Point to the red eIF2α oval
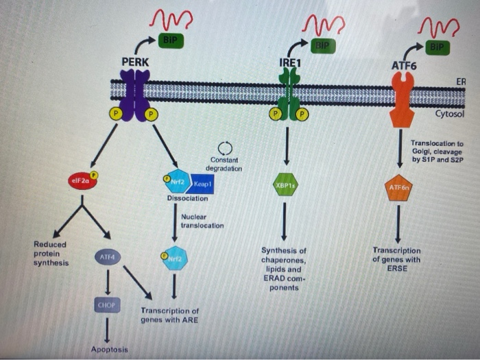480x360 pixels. pos(82,182)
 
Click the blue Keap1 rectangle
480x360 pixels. pos(202,184)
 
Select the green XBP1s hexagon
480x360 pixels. pos(285,184)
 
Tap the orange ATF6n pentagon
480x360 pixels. pos(400,187)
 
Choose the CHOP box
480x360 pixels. pos(107,304)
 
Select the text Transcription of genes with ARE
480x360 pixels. pos(169,315)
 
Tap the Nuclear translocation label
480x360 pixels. pos(202,221)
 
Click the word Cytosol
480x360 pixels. pos(450,114)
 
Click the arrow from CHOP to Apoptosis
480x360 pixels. pos(107,330)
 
